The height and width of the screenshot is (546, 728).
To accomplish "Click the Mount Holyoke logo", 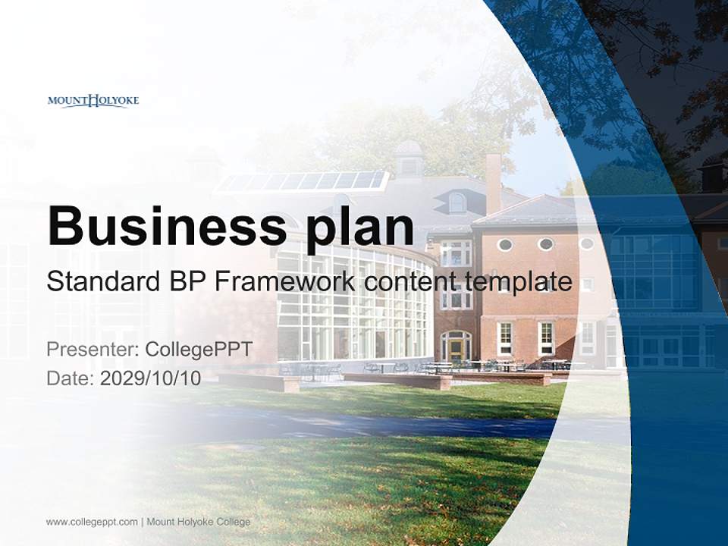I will click(93, 100).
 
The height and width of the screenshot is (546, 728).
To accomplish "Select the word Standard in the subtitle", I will click(96, 282).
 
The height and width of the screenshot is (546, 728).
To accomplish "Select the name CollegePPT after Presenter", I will click(198, 350).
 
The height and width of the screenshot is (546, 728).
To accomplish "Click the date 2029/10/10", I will click(150, 378).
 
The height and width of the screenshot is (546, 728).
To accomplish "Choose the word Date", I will click(70, 378).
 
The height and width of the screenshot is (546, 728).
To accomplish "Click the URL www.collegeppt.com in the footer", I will click(92, 522).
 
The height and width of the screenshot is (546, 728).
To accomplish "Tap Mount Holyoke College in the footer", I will click(198, 522).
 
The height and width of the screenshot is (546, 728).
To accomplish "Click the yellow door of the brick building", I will click(456, 349).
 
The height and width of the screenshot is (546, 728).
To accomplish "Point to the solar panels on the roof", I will click(303, 181).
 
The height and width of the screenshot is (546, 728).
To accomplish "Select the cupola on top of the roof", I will click(409, 158).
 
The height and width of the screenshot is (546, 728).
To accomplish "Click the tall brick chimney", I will click(493, 182).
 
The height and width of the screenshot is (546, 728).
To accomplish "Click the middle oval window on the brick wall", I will click(546, 244).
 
